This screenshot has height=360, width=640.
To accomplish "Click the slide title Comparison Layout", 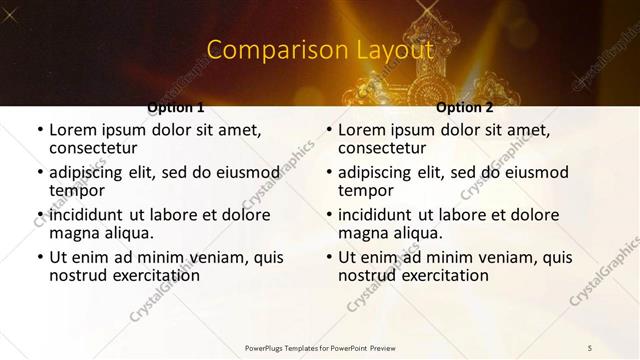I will (x=319, y=49).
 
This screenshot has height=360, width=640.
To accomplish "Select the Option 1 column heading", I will (x=176, y=107).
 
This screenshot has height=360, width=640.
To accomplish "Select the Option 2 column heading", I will (x=465, y=107).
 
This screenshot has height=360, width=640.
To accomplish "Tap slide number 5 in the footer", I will (x=590, y=347).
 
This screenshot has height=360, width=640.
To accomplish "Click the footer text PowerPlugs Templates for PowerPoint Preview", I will (x=319, y=347).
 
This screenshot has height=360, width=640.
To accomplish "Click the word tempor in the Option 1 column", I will (x=77, y=190).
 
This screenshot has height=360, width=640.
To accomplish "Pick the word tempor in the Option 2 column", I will (x=366, y=190).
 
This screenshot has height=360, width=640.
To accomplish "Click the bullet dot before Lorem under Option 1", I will (x=39, y=131).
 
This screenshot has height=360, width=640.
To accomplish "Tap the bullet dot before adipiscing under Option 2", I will (x=328, y=173).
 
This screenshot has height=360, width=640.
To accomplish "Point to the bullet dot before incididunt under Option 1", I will (x=39, y=216).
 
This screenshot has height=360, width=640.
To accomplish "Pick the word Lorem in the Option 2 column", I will (x=361, y=130).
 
